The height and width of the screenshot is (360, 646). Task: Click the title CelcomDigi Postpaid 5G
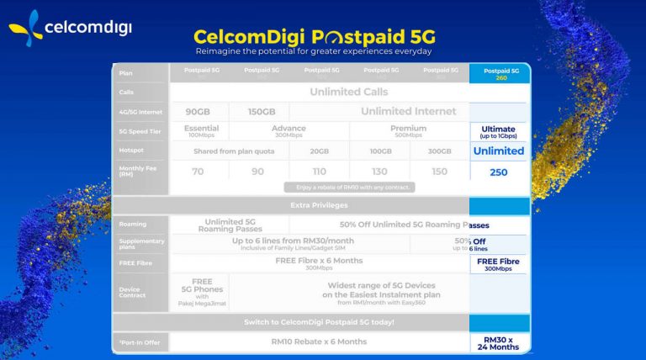click(x=314, y=38)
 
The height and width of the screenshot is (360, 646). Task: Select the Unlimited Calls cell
click(x=348, y=92)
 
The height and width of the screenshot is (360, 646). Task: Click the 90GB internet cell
click(x=198, y=111)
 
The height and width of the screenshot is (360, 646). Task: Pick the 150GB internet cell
click(x=257, y=111)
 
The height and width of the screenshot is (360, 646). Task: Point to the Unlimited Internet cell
click(x=408, y=111)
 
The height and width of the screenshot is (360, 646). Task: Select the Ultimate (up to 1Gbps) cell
click(x=500, y=131)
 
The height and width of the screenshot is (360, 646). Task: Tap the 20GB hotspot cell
click(x=318, y=151)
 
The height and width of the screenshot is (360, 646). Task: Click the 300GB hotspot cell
click(x=438, y=151)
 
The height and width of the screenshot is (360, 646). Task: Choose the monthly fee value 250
click(x=500, y=172)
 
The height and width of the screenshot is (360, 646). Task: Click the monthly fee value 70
click(x=198, y=172)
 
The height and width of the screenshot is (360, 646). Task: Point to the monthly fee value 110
click(x=318, y=172)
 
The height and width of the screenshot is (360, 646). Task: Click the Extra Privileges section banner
click(x=320, y=204)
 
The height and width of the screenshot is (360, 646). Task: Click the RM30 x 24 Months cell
click(x=500, y=341)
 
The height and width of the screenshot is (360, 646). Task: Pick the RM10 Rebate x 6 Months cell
click(x=320, y=341)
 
